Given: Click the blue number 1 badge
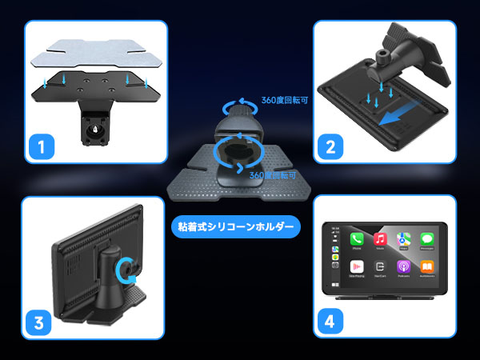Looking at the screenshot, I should [x=41, y=146].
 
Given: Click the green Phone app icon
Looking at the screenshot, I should [x=356, y=239].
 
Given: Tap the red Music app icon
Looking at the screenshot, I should [x=381, y=239].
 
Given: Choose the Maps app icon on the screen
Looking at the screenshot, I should [x=405, y=239].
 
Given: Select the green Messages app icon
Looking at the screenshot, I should [x=428, y=239].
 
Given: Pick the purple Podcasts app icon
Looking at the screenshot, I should [x=405, y=268].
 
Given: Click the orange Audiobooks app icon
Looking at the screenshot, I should [x=428, y=268].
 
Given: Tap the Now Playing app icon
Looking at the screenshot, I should [x=356, y=268].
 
